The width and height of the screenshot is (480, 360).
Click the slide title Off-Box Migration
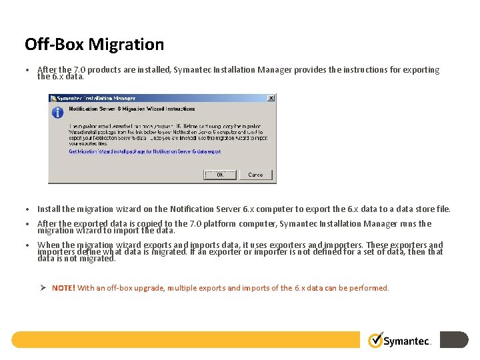coord(94,45)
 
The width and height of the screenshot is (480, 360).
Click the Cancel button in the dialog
coord(255,175)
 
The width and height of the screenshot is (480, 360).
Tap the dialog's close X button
coord(271,98)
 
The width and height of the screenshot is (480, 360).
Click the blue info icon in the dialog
coord(58,112)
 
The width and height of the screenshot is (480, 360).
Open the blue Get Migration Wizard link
coord(145,151)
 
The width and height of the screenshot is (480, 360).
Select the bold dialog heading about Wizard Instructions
coord(132,109)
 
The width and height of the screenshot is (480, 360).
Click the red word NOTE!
coord(63,288)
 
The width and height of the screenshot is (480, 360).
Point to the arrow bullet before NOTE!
coord(41,288)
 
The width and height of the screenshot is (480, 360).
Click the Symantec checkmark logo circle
coord(376,340)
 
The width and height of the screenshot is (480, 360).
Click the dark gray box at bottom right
coord(454,340)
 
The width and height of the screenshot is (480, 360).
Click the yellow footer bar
coord(187,340)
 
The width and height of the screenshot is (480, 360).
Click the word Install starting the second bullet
coord(49,209)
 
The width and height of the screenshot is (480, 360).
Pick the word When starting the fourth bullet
coord(48,245)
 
